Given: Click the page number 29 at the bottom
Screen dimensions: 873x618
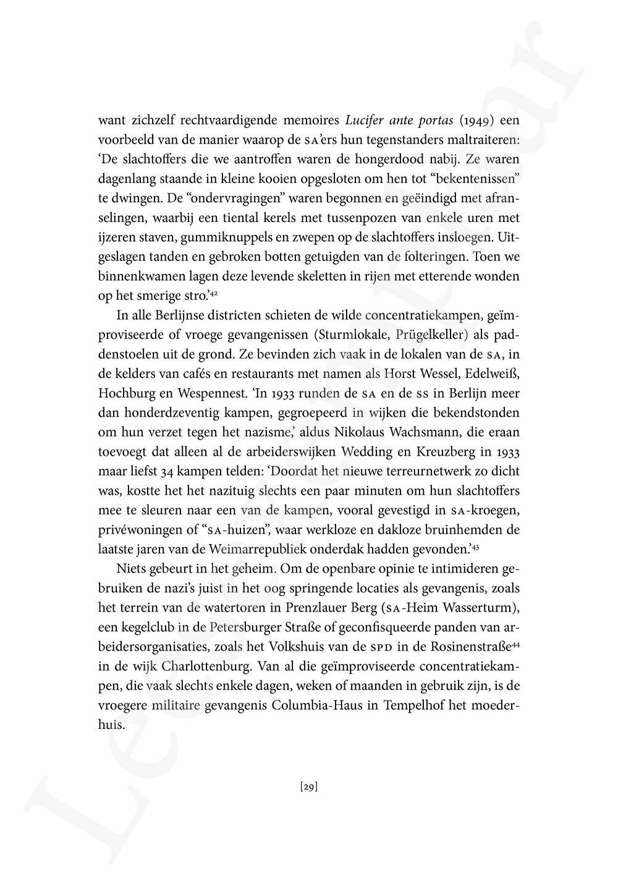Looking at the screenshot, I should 308,787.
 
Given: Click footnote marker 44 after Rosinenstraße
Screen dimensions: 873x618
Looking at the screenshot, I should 515,641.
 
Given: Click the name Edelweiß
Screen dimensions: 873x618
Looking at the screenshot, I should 495,373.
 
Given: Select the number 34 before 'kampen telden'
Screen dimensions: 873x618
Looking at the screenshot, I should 149,471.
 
